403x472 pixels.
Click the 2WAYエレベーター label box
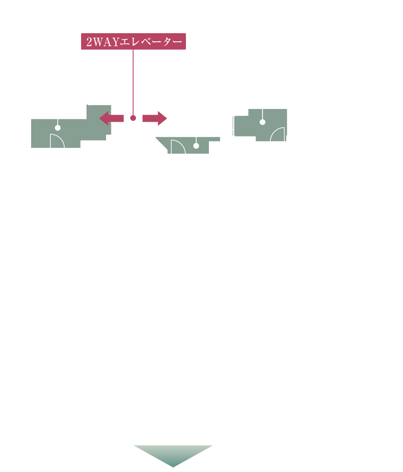click(x=133, y=41)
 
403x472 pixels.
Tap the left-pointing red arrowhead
click(x=105, y=118)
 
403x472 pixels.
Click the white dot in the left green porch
click(x=58, y=127)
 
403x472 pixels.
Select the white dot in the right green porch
click(x=262, y=122)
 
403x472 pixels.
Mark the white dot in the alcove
click(x=196, y=146)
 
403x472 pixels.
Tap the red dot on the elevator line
click(x=133, y=118)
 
